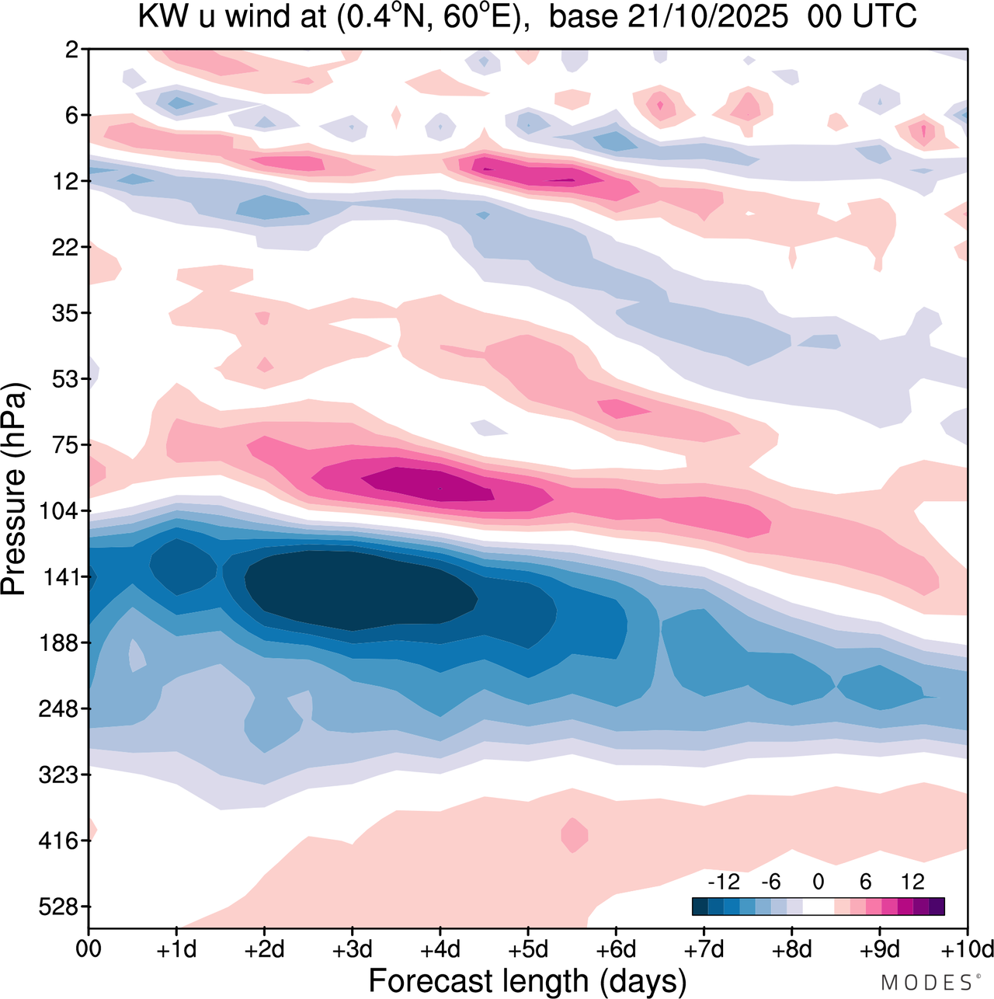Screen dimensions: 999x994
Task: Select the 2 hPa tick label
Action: point(72,50)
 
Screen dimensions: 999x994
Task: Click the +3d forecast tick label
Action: point(352,949)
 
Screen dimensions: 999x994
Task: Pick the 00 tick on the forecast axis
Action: point(89,949)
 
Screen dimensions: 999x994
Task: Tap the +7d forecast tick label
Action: point(704,949)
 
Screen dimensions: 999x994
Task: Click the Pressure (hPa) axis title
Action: point(14,489)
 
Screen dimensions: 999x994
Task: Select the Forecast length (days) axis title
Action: point(527,980)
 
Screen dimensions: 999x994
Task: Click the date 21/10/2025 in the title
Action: point(707,16)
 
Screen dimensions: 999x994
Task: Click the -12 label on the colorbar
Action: point(723,882)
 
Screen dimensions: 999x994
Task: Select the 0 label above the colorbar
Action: point(818,882)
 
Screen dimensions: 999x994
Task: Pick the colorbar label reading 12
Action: point(912,882)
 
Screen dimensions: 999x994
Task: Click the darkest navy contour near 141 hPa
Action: point(357,590)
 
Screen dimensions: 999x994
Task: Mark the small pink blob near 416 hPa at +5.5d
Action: point(574,835)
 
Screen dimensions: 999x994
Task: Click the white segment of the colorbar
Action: point(818,907)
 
